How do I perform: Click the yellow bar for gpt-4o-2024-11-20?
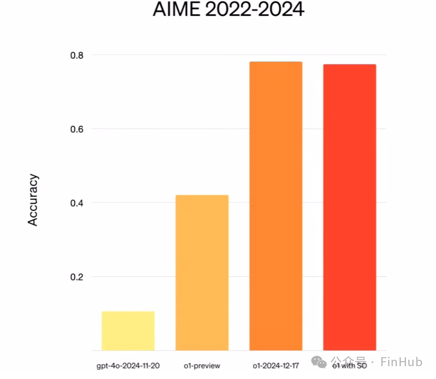tap(128, 331)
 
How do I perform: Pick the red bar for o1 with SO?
tap(350, 208)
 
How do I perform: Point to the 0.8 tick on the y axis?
tap(76, 55)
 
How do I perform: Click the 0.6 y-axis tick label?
tap(76, 129)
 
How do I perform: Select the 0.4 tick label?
tap(76, 203)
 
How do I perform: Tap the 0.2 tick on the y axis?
tap(76, 277)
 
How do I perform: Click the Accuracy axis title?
tap(33, 200)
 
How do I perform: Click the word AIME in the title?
tap(175, 9)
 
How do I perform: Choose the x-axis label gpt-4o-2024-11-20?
tap(128, 366)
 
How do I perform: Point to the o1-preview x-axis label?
tap(202, 366)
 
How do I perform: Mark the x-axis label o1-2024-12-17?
tap(276, 366)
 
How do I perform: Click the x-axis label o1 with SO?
tap(350, 366)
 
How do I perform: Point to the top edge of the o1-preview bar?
tap(202, 196)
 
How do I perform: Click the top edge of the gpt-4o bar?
tap(128, 312)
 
